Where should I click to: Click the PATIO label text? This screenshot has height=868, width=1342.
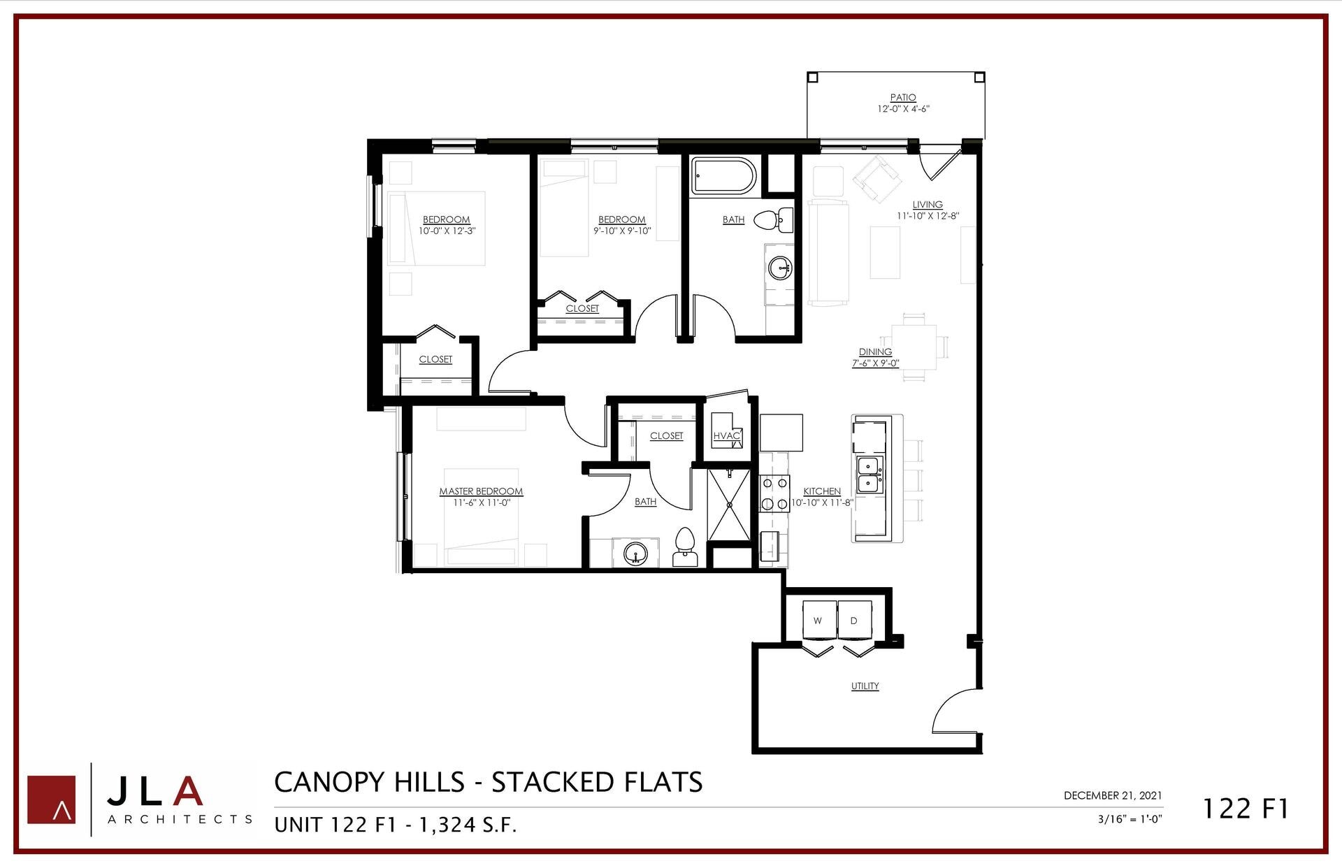click(x=902, y=98)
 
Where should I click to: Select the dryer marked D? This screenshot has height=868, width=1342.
click(x=854, y=619)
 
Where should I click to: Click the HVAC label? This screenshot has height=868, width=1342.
click(x=726, y=436)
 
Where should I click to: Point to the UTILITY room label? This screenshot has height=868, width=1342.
click(x=865, y=686)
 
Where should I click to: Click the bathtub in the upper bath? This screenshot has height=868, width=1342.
click(x=723, y=176)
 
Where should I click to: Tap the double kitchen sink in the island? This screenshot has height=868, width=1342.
click(x=869, y=475)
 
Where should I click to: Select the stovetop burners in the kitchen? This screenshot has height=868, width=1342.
click(x=774, y=493)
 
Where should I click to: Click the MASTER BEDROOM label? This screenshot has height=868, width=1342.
click(x=481, y=491)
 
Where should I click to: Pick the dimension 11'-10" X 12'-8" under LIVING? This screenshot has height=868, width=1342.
click(x=928, y=216)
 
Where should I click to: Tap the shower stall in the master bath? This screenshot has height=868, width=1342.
click(x=729, y=504)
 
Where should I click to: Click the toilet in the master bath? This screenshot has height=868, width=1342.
click(x=684, y=547)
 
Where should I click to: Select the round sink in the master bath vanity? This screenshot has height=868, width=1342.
click(x=635, y=554)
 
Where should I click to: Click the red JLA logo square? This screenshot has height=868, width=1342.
click(x=52, y=799)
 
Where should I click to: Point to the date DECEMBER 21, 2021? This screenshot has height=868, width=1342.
click(x=1113, y=795)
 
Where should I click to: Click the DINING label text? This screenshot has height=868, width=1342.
click(x=875, y=352)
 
